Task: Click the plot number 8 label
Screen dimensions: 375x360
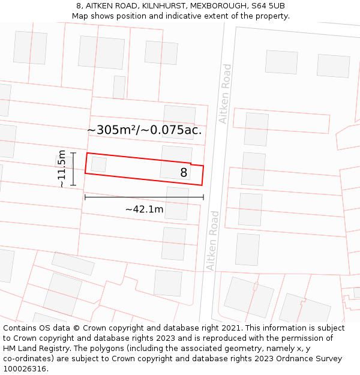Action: [184, 173]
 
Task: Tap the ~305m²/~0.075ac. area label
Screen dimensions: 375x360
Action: [144, 130]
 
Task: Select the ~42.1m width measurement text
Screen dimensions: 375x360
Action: [144, 209]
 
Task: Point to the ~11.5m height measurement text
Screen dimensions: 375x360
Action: [61, 169]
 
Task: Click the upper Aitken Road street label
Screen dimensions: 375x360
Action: [225, 94]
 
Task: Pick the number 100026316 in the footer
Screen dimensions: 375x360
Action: [25, 369]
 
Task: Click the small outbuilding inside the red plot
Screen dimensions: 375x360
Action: [99, 164]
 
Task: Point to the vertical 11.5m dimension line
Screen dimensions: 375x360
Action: [73, 169]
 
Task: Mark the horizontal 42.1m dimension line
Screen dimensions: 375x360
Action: [144, 197]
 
